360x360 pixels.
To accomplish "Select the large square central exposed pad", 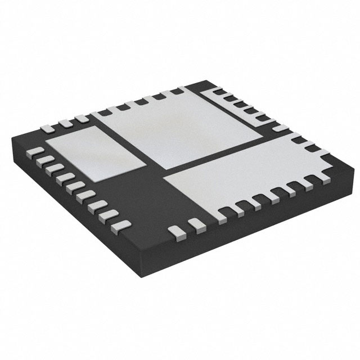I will (x=183, y=128).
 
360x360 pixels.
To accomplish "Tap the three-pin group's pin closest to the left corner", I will (x=49, y=128).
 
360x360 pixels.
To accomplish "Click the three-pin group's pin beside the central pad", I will (x=82, y=118).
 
